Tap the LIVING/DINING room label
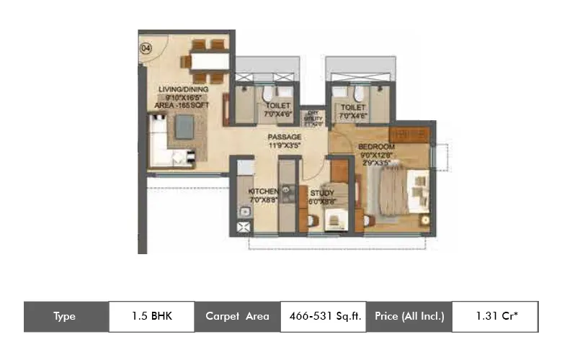coord(183,89)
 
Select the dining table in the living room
coord(206,60)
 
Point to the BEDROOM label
coord(377,147)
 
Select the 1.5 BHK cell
coord(151,316)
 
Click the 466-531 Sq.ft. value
coord(322,316)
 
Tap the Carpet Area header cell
coord(237,316)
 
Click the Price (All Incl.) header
coord(409,316)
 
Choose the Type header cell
coord(66,316)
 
